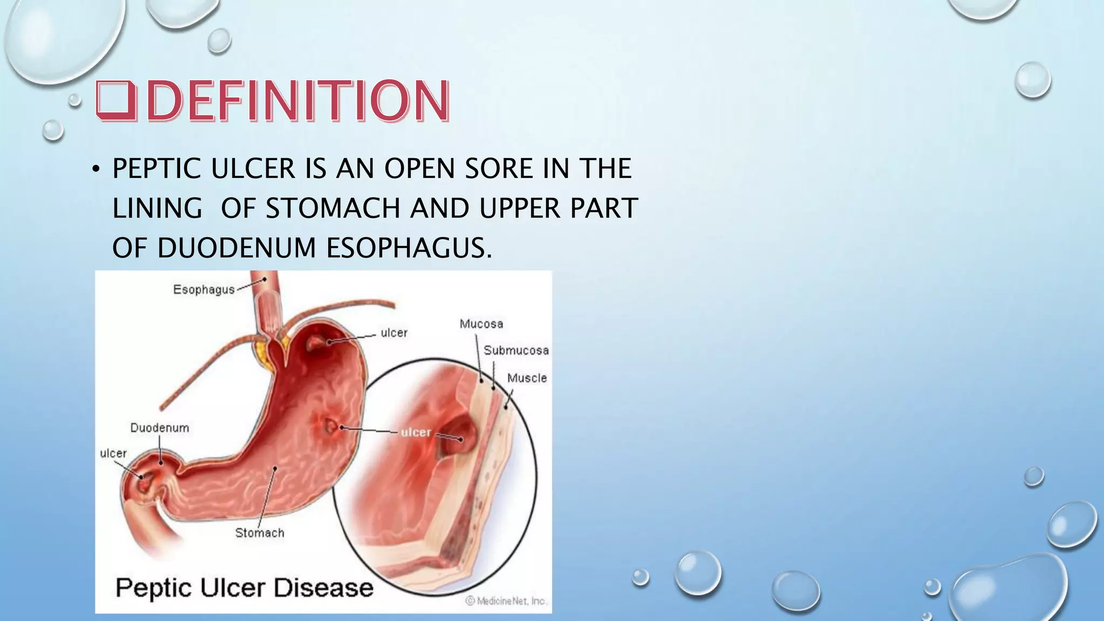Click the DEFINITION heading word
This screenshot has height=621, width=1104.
297,101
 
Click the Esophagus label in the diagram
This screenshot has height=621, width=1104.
204,289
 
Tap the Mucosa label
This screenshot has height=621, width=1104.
481,324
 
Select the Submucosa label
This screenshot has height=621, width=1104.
516,350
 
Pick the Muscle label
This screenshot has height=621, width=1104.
527,378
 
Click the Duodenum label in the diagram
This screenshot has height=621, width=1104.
160,428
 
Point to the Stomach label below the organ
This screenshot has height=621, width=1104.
259,533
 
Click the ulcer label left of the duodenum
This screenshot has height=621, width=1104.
113,454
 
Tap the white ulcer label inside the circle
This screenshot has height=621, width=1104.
416,432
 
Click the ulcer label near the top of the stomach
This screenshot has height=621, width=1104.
394,333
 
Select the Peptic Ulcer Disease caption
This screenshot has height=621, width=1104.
244,587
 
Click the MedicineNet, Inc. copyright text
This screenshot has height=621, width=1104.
506,601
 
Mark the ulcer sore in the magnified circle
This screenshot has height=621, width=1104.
456,437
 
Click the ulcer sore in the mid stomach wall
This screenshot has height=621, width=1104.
330,427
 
